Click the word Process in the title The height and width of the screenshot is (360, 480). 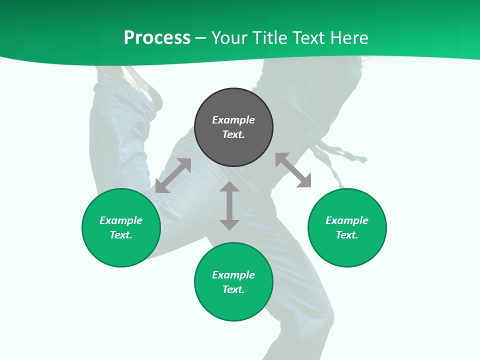point(157,38)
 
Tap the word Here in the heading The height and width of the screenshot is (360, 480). point(349,38)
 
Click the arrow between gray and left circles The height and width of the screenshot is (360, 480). point(173,175)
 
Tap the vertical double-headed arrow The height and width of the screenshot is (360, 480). point(229,206)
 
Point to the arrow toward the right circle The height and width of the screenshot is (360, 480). point(293,170)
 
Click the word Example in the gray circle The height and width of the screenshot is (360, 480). point(233,120)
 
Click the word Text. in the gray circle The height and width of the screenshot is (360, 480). point(233,134)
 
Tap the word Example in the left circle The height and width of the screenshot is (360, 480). point(121,220)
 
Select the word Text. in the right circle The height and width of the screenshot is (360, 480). point(347,235)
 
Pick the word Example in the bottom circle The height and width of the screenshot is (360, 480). point(233,275)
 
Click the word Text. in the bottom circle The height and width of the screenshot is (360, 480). point(233,289)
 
